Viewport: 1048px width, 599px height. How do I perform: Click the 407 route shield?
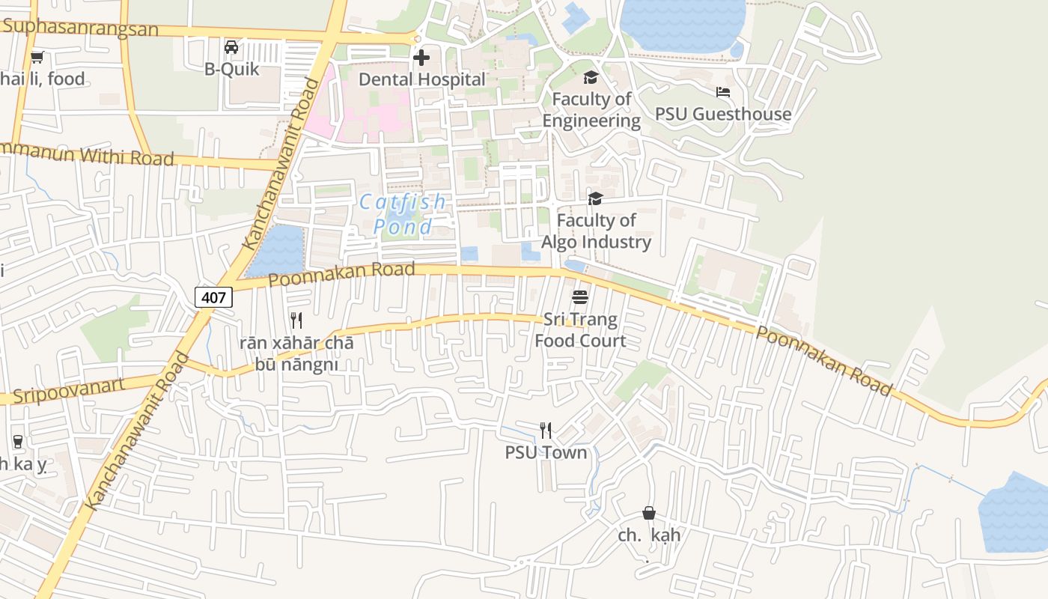tap(213, 297)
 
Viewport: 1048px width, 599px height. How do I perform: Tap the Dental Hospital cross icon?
tap(421, 57)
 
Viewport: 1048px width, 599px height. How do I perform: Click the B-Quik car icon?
tap(231, 47)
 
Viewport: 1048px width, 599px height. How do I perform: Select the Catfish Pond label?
tap(403, 214)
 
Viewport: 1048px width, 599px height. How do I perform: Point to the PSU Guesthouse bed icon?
tap(722, 92)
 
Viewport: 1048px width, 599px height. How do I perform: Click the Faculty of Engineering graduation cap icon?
tap(591, 77)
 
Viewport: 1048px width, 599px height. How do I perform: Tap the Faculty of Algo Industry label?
tap(596, 231)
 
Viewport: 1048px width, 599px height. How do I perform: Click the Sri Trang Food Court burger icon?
tap(580, 297)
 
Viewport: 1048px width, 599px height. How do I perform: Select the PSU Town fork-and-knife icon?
tap(546, 431)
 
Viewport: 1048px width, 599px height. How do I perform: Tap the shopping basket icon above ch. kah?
tap(649, 513)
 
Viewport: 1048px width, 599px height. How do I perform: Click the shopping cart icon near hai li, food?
tap(37, 57)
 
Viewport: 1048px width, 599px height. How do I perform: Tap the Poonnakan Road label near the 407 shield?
tap(341, 274)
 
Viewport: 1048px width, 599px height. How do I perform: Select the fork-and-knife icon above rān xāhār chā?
tap(296, 320)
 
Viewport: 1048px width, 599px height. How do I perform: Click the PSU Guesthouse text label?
tap(723, 114)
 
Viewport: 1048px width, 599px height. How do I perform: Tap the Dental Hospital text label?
tap(422, 79)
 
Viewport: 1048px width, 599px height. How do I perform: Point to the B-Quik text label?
tap(231, 69)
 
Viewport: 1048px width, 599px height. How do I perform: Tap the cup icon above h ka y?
tap(18, 442)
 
